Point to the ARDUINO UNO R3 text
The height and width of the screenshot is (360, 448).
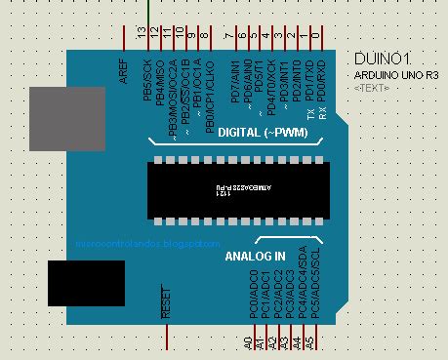394,74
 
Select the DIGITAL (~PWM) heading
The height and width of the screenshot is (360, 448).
253,132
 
